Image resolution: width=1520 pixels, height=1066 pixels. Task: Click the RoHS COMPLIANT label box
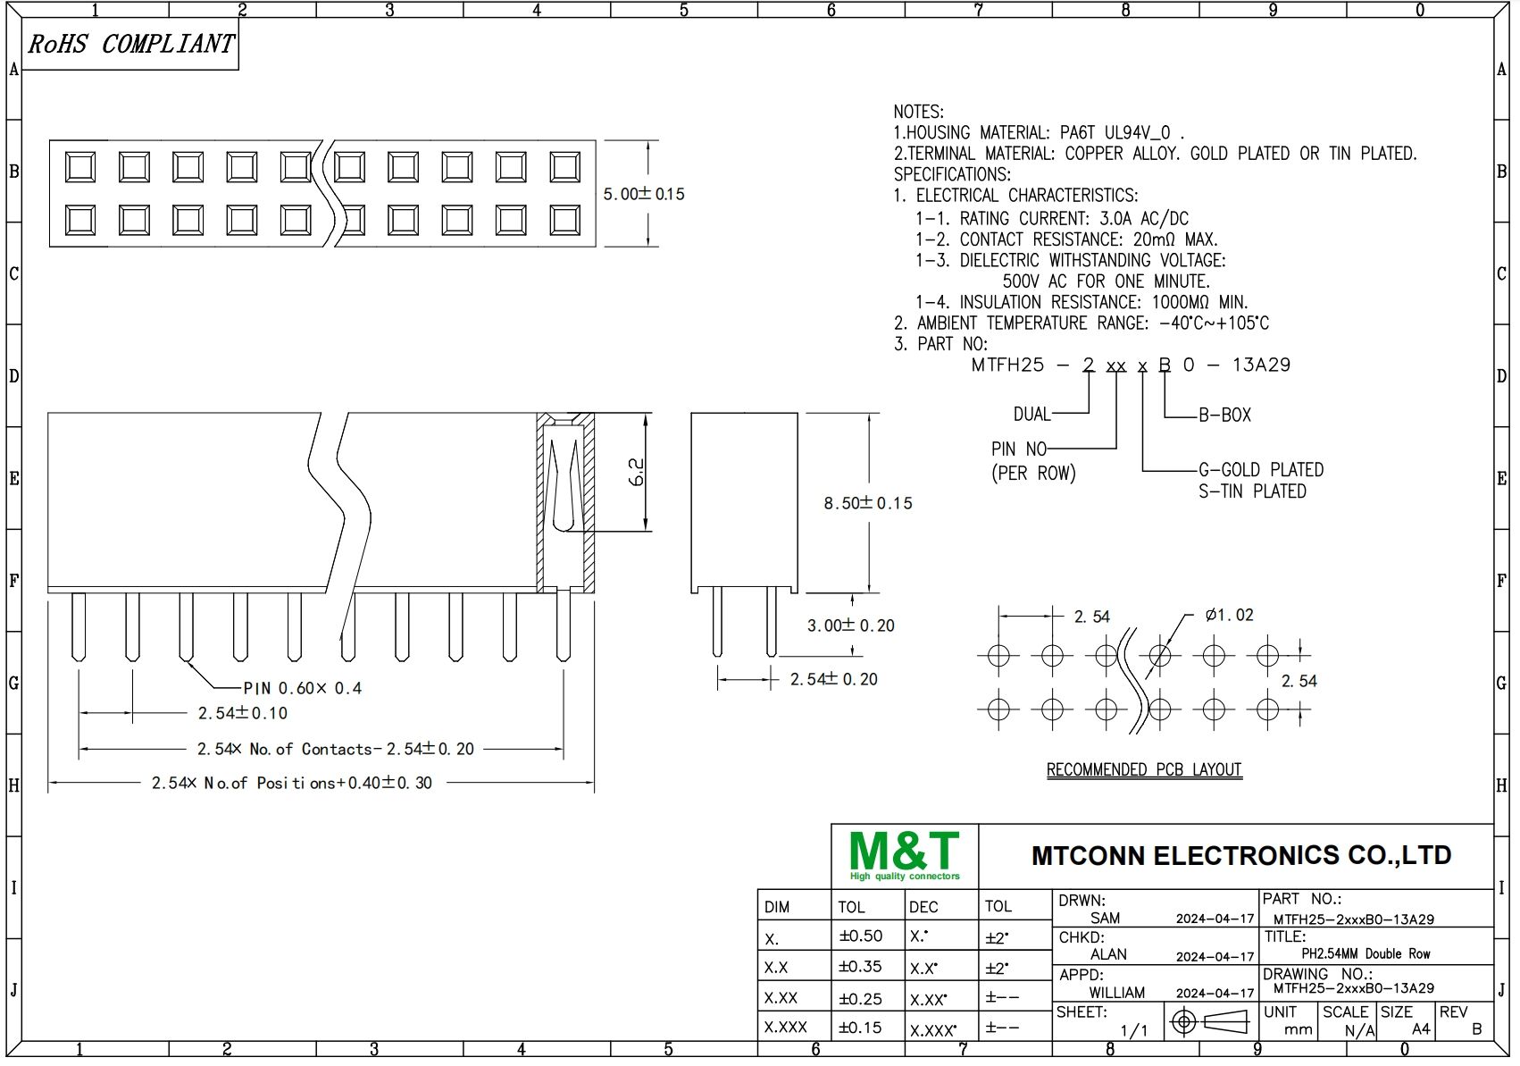tap(130, 44)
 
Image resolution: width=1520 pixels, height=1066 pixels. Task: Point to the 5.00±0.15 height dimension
tap(643, 194)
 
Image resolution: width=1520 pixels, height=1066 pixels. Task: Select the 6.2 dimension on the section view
tap(637, 472)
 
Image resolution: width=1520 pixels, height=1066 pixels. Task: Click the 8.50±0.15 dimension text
tap(867, 503)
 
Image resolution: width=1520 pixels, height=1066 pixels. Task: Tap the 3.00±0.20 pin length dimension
tap(850, 625)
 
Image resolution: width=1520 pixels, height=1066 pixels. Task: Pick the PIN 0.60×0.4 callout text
tap(303, 688)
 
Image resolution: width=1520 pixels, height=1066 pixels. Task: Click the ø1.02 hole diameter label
tap(1229, 615)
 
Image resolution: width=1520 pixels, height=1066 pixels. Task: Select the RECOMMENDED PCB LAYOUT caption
tap(1144, 769)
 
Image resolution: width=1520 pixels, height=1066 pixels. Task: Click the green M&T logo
tap(904, 855)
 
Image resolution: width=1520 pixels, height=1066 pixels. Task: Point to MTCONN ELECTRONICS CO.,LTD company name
tap(1240, 855)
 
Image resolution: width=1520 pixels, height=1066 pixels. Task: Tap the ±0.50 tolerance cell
tap(860, 936)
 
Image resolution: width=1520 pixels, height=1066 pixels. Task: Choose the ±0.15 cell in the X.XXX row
tap(860, 1028)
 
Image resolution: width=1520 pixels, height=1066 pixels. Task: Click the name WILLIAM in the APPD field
tap(1116, 993)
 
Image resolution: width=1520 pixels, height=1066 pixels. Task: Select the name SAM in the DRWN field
tap(1105, 918)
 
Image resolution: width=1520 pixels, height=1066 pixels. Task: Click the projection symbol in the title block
tap(1210, 1021)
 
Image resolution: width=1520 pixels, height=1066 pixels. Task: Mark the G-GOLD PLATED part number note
tap(1260, 470)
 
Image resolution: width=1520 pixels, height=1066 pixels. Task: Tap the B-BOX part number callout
tap(1224, 415)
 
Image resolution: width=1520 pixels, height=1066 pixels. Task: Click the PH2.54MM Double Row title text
tap(1365, 953)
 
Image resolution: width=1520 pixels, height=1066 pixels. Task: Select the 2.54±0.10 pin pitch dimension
tap(242, 713)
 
